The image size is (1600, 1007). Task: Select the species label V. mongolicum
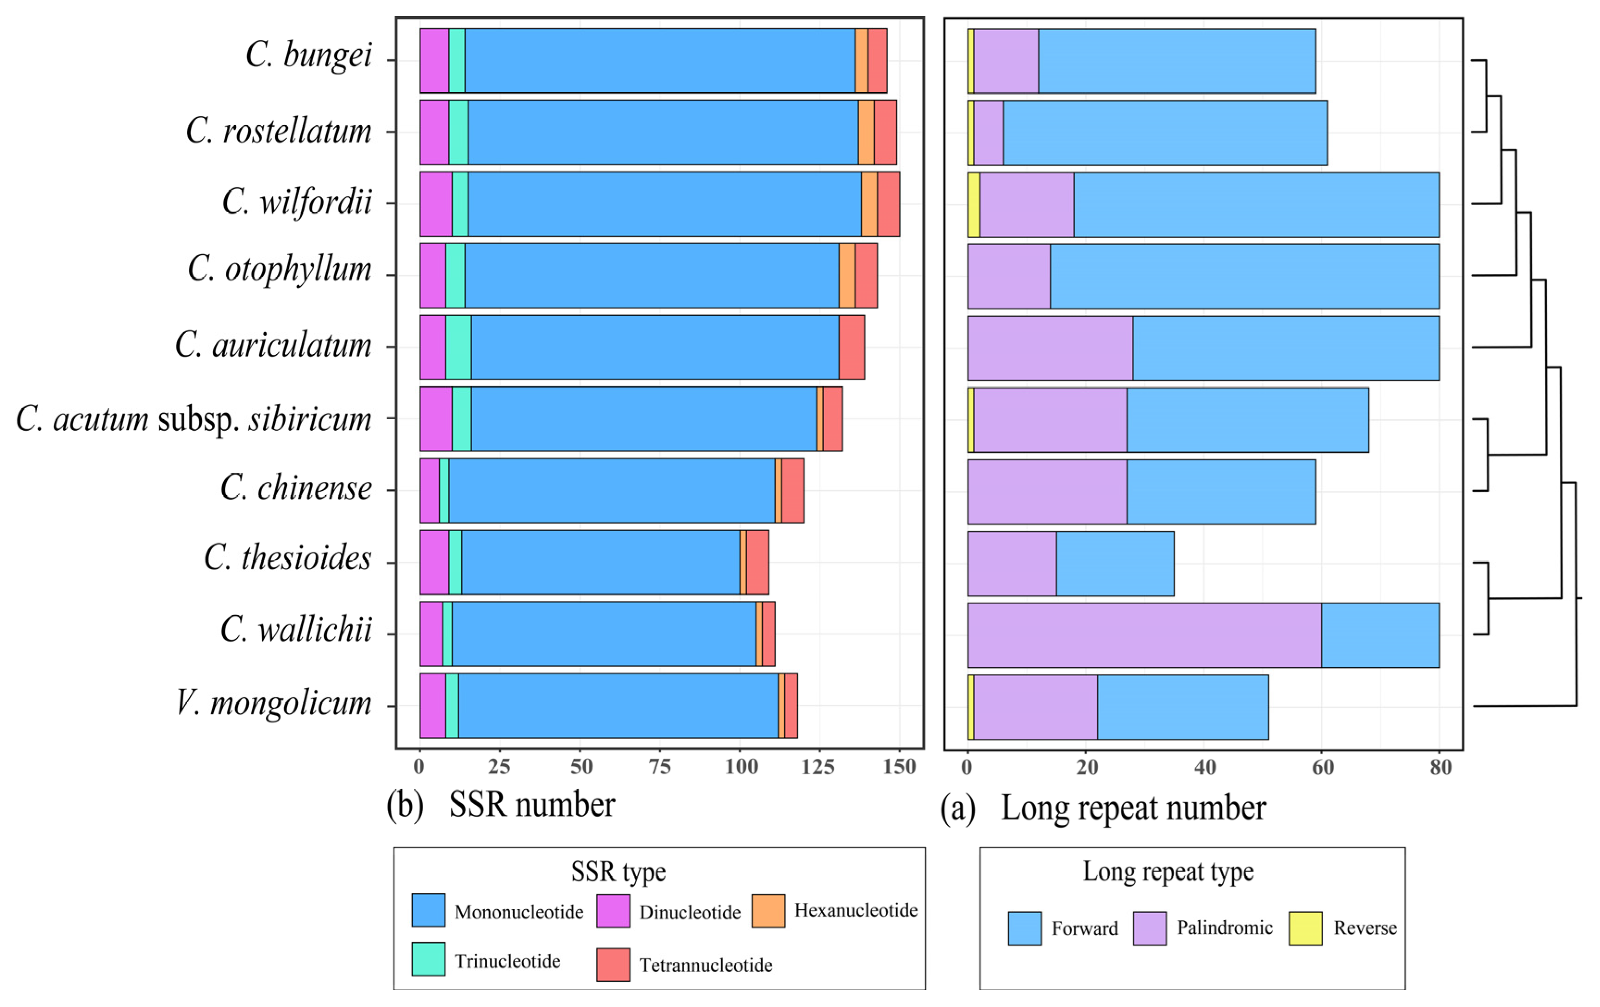[273, 703]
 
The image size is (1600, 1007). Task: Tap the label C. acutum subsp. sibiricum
[194, 419]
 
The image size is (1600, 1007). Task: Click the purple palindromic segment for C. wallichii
[1144, 635]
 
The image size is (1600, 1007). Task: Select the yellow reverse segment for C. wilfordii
[974, 204]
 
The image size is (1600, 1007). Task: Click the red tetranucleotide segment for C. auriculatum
[851, 347]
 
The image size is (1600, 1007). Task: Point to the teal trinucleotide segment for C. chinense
[444, 491]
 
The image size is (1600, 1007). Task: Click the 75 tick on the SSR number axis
[659, 767]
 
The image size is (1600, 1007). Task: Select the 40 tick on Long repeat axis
[1205, 767]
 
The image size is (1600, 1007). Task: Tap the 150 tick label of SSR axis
[899, 767]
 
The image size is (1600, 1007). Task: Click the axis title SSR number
[531, 805]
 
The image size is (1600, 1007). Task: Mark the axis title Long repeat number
[1133, 808]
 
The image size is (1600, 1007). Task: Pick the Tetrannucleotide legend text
[706, 964]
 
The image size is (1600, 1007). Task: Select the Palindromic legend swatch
[1150, 928]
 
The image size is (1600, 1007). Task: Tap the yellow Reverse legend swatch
[1305, 928]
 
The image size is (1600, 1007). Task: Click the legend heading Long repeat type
[1168, 871]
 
